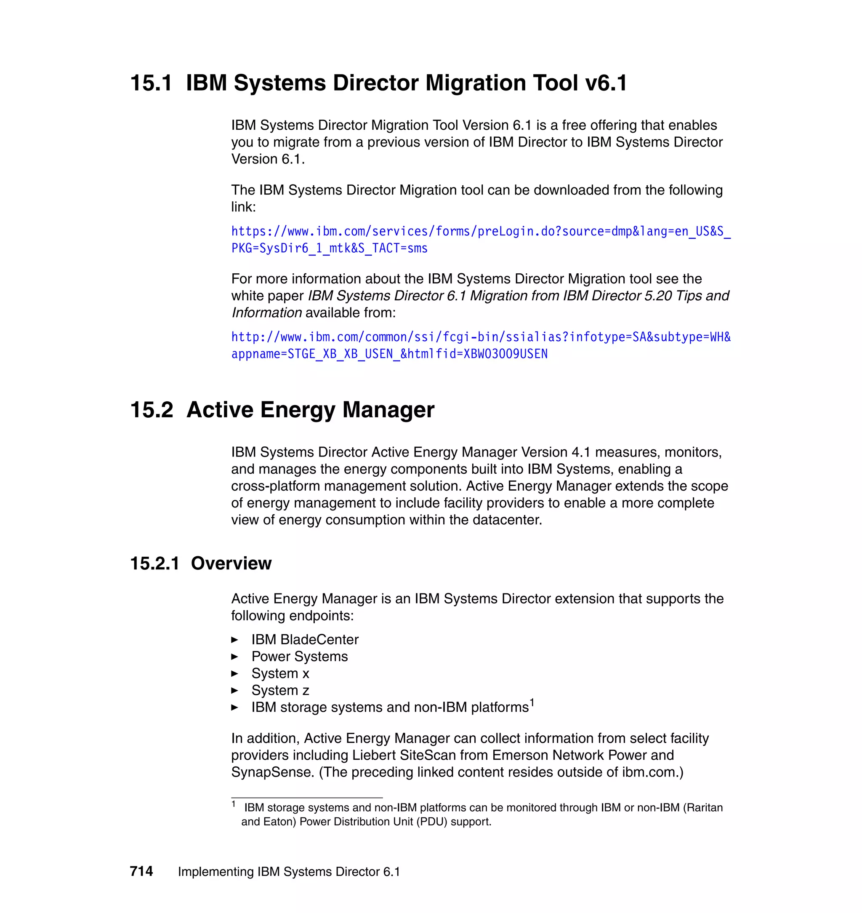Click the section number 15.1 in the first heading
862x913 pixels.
click(151, 83)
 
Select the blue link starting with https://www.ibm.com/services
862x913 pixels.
click(480, 231)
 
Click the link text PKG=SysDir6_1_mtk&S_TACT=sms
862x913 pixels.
click(329, 248)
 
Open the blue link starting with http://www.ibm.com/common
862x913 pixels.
click(480, 337)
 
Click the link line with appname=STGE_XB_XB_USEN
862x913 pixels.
click(389, 354)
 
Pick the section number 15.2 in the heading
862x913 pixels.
click(152, 410)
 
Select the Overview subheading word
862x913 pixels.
click(231, 563)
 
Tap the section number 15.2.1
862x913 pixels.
click(154, 563)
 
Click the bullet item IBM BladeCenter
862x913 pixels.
click(305, 639)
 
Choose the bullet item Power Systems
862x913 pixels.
click(300, 657)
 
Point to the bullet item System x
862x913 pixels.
click(280, 673)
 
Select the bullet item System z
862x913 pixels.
click(280, 691)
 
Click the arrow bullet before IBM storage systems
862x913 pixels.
click(234, 707)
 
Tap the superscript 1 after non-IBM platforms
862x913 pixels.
click(532, 702)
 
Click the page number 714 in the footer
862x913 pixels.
click(141, 871)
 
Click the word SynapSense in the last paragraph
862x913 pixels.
click(272, 772)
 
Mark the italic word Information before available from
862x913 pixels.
click(266, 312)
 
